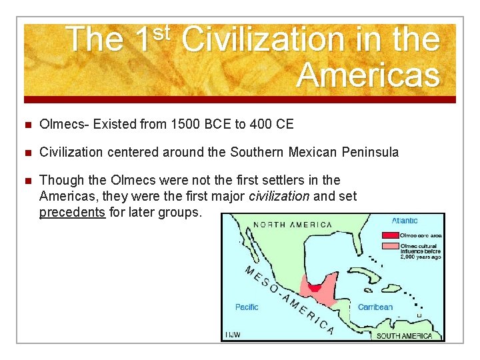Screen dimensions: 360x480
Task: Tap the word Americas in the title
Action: point(368,75)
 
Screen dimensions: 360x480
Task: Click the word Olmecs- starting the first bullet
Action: point(65,124)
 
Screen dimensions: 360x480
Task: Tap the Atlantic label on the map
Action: point(405,221)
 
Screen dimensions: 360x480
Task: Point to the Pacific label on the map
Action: point(247,307)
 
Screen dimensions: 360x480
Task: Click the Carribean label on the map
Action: point(375,307)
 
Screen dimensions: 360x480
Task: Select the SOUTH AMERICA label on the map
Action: point(404,335)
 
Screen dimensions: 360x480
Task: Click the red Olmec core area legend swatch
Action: point(389,235)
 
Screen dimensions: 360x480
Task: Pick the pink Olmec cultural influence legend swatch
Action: point(389,246)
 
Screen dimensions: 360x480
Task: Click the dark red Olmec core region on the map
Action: point(314,287)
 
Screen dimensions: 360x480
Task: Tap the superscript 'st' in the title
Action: point(163,31)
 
